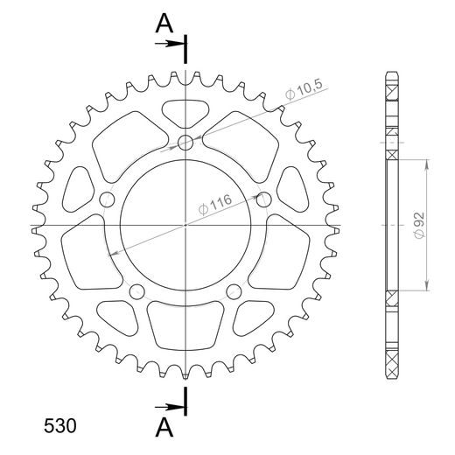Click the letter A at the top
(x=164, y=24)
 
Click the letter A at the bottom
(x=164, y=426)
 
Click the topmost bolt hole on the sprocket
(x=186, y=143)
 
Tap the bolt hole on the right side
(x=264, y=199)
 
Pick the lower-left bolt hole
(x=137, y=291)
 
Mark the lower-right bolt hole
(x=234, y=291)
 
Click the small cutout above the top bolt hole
(x=186, y=111)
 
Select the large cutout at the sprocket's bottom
(x=185, y=324)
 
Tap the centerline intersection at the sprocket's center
(x=186, y=225)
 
